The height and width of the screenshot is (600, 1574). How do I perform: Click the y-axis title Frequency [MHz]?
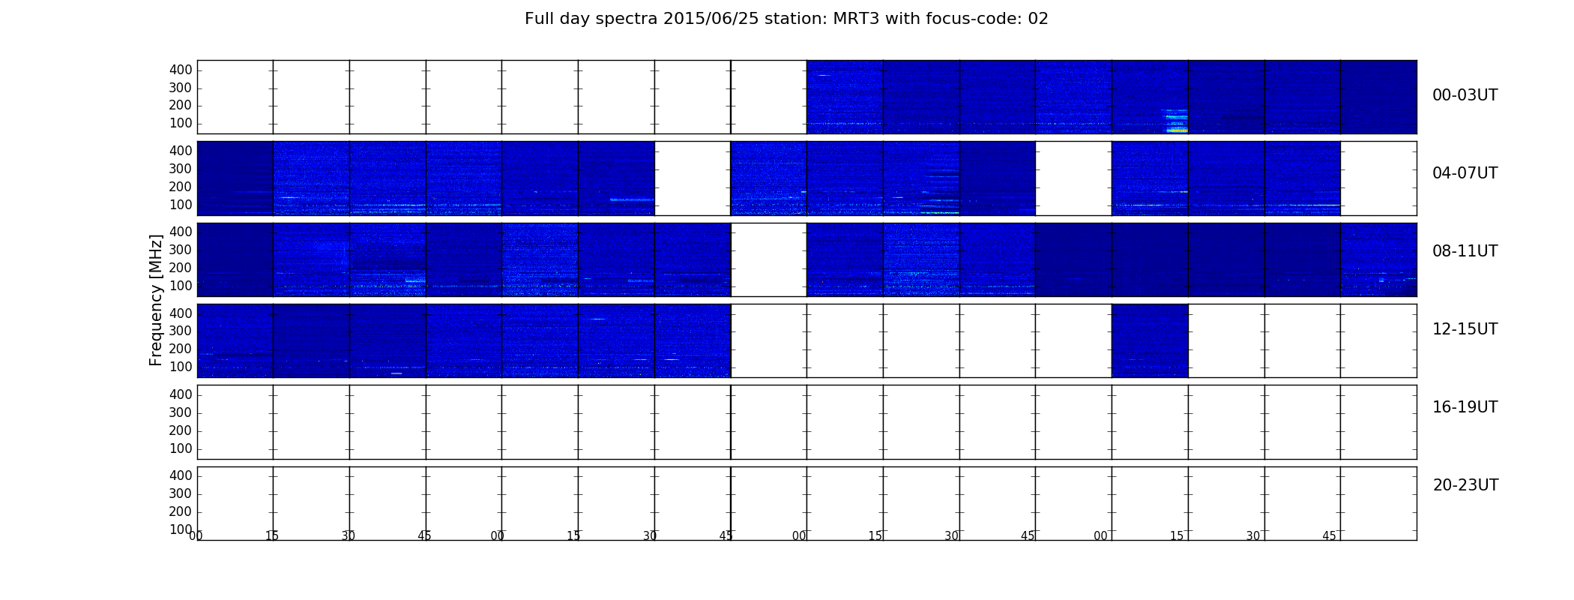click(x=156, y=300)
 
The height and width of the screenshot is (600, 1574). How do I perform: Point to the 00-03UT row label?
click(x=1465, y=95)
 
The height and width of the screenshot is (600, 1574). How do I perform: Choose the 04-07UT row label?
click(x=1465, y=173)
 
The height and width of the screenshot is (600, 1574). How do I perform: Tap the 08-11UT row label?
click(x=1465, y=251)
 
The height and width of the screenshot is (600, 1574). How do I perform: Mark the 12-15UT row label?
click(x=1465, y=329)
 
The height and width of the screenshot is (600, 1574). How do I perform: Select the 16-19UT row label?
click(x=1465, y=407)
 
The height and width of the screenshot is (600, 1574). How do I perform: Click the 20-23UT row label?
click(x=1465, y=485)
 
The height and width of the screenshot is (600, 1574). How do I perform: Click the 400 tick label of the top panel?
click(x=181, y=70)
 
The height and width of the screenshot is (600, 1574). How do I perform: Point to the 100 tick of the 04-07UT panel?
click(x=181, y=205)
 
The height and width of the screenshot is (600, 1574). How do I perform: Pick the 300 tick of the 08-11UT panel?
click(x=181, y=250)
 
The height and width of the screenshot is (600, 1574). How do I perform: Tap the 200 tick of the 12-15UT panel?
click(x=181, y=349)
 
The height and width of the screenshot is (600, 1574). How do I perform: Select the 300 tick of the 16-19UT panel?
click(x=181, y=412)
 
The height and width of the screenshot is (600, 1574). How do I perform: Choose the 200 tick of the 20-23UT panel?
click(x=181, y=511)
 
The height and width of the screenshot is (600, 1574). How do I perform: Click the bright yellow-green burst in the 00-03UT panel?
click(x=1177, y=130)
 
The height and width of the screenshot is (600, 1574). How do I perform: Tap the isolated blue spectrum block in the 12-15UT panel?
click(x=1150, y=340)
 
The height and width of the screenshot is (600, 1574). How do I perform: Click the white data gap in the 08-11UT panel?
click(x=768, y=259)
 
